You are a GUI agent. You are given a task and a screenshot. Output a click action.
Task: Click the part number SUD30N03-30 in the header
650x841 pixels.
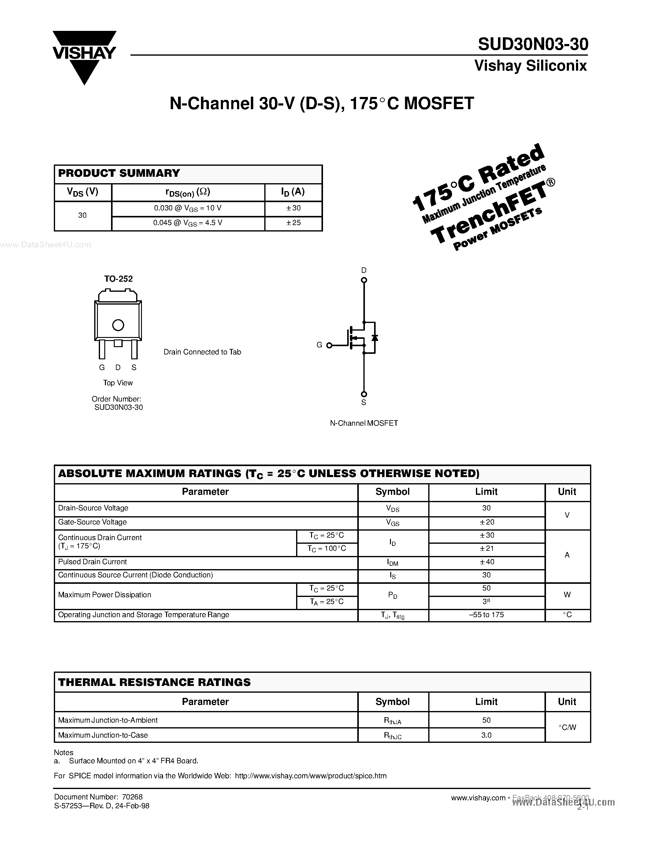coord(533,45)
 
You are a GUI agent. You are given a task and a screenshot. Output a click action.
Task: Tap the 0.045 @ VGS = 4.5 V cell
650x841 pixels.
coord(188,223)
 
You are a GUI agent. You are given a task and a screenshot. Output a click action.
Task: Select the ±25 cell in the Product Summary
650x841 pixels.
coord(293,223)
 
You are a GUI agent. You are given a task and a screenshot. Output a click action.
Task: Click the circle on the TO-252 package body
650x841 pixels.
coord(118,325)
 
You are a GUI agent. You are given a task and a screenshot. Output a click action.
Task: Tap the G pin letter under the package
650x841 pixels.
coord(102,368)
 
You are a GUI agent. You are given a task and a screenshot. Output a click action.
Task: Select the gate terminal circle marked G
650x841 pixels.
coord(329,345)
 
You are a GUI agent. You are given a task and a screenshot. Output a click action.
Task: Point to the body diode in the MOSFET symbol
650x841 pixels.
coord(374,338)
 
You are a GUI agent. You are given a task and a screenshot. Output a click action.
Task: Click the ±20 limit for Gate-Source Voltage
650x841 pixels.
coord(487,522)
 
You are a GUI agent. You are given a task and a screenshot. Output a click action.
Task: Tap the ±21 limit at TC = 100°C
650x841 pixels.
coord(487,549)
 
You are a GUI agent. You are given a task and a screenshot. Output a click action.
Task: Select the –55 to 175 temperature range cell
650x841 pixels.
coord(487,615)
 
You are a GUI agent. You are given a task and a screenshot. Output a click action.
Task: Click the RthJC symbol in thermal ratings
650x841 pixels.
coord(392,735)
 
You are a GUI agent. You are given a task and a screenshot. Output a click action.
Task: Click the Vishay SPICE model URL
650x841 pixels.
coord(310,776)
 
